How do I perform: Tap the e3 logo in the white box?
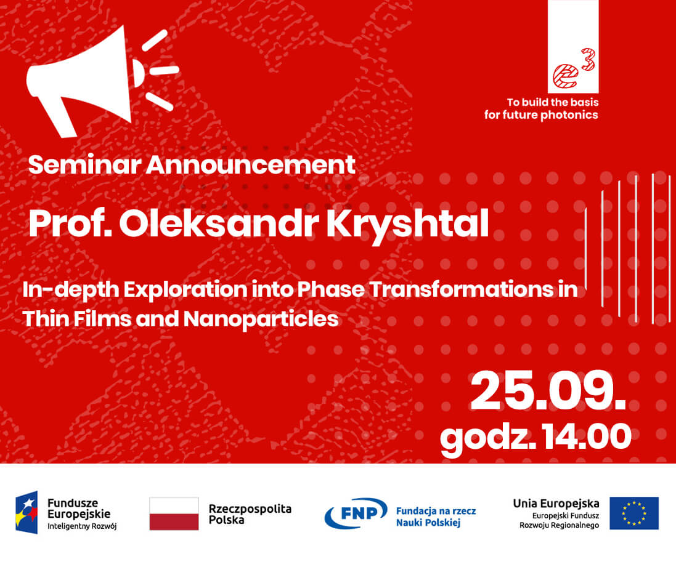(574, 69)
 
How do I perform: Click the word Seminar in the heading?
(85, 164)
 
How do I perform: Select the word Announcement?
(250, 164)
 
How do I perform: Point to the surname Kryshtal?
(407, 225)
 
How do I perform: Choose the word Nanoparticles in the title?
(261, 320)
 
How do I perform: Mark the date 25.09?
(548, 391)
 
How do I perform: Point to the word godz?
(489, 439)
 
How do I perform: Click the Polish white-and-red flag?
(174, 513)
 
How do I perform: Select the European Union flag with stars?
(633, 513)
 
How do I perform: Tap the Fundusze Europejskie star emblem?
(26, 512)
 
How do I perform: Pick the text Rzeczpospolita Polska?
(250, 514)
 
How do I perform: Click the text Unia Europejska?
(556, 503)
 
